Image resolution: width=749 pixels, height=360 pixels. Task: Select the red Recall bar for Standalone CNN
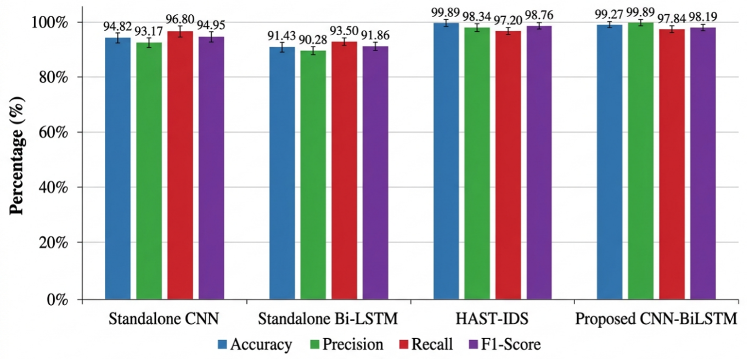pos(180,165)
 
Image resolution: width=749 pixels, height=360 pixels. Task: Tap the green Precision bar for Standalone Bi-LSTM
pos(313,175)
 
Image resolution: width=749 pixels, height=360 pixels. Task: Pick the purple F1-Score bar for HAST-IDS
pos(539,162)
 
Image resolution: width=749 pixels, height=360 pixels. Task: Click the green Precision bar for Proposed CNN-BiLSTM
pos(641,161)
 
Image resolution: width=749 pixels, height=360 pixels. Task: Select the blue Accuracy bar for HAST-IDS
pos(446,161)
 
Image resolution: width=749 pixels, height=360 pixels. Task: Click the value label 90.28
pos(313,40)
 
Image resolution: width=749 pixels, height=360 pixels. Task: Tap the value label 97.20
pos(508,20)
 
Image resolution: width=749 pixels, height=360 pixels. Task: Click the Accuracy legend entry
pos(255,344)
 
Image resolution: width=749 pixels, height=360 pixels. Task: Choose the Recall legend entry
pos(426,344)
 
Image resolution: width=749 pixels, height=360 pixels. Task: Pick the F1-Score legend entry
pos(505,344)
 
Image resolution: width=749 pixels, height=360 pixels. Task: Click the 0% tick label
pos(58,300)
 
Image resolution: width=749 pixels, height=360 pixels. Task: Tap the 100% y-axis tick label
pos(49,22)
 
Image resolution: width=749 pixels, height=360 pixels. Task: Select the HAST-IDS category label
pos(492,319)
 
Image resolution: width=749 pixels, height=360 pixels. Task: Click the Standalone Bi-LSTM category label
pos(328,319)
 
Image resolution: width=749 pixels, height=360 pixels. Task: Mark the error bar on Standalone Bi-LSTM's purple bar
pos(375,47)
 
